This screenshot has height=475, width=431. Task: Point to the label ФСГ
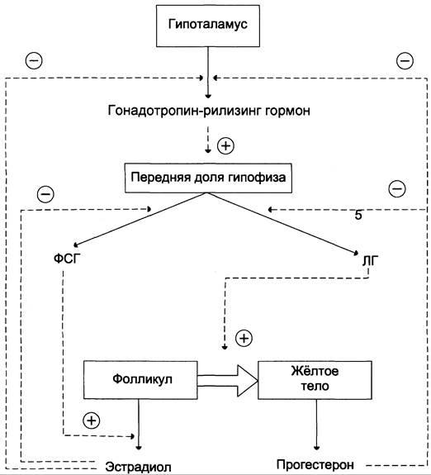(67, 259)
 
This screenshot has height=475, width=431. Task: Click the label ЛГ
(370, 261)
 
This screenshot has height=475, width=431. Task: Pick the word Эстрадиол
(138, 467)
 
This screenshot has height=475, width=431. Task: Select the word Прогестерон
(315, 464)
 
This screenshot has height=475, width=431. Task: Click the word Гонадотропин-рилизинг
(184, 111)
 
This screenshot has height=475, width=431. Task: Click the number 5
(358, 216)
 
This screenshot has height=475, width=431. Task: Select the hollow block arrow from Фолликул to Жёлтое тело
(227, 381)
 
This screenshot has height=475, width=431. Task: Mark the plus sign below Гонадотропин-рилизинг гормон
(226, 146)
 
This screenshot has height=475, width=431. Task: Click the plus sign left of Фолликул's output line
(92, 420)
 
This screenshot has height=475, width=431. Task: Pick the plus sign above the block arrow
(244, 338)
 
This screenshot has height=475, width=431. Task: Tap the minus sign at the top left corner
(34, 60)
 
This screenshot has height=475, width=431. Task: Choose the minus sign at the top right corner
(405, 61)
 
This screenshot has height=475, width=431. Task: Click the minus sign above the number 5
(397, 188)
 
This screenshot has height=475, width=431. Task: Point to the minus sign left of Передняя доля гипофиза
(45, 194)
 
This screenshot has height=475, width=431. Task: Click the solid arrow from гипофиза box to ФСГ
(140, 220)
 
